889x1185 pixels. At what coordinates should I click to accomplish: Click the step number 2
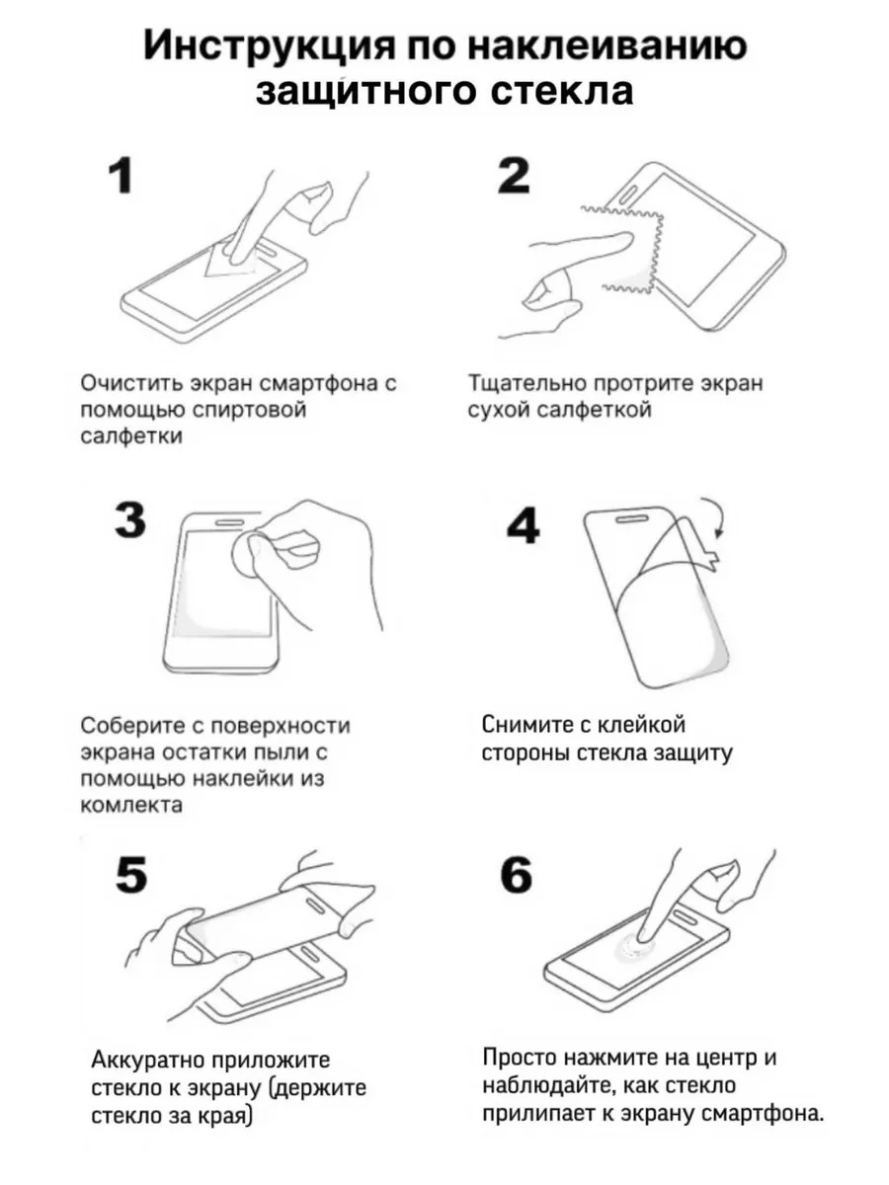tap(514, 175)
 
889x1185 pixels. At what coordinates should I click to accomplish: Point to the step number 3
tap(129, 520)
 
